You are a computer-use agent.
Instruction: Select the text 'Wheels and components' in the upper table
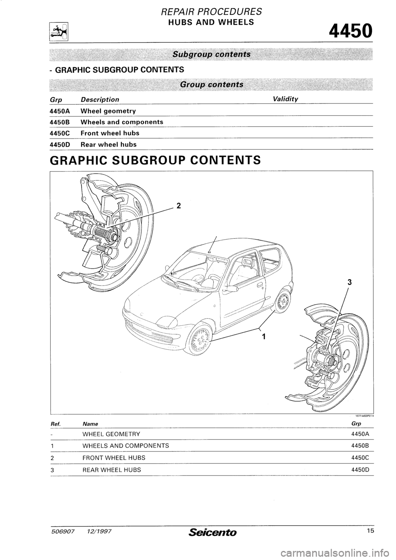(x=122, y=122)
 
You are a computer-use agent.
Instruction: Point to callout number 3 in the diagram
(x=349, y=283)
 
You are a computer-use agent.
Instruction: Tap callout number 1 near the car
(x=263, y=336)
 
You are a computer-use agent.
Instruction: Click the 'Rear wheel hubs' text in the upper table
(x=109, y=144)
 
